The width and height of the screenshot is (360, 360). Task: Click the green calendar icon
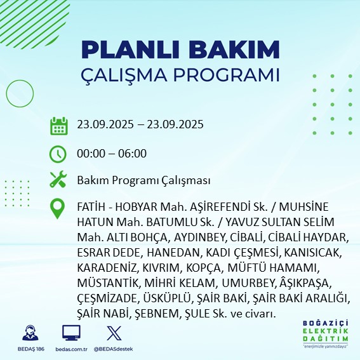click(58, 126)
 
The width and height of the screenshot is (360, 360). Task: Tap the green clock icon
click(58, 153)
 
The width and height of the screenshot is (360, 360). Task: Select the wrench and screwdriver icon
click(58, 180)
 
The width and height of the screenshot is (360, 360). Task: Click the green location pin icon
click(58, 209)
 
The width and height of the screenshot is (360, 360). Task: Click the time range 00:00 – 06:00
click(112, 153)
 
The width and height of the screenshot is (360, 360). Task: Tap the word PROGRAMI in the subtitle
click(227, 74)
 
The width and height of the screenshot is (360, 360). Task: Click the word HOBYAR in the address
click(138, 208)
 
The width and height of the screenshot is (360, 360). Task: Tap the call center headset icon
click(29, 333)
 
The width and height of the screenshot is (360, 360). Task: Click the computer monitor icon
click(70, 333)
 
